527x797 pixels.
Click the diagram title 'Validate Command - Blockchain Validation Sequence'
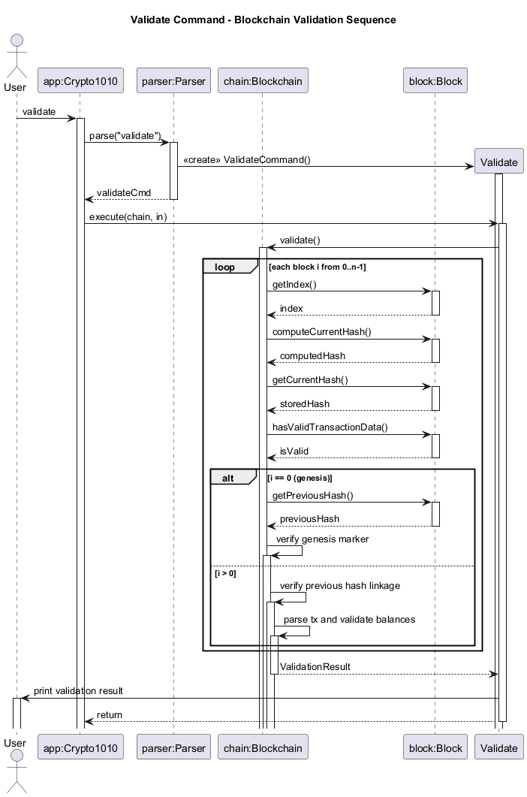263,20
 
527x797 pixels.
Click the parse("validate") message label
125,136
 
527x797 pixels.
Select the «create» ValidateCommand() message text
246,160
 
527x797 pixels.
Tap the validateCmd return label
124,193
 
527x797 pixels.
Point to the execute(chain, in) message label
128,217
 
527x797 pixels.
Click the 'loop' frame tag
224,267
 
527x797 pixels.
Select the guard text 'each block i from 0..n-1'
318,267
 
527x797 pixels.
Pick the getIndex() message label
294,285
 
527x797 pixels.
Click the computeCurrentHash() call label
321,332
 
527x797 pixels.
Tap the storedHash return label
305,404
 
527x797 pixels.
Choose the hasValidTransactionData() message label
330,427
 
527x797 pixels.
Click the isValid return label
294,451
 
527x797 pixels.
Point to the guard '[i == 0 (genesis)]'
300,478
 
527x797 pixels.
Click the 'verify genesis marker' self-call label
322,539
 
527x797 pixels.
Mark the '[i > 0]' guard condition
225,573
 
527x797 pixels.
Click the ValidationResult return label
315,667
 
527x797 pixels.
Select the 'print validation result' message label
78,691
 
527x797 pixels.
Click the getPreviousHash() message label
312,496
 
